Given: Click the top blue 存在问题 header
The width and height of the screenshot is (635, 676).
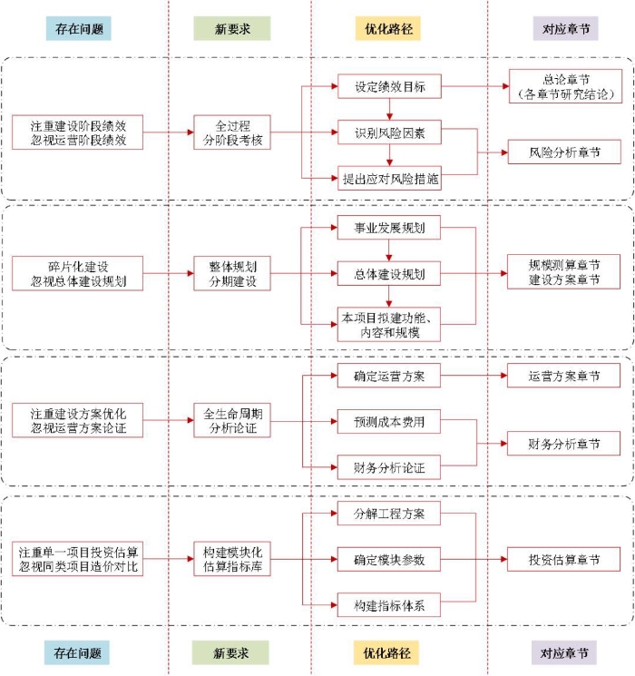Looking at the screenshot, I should [x=78, y=29].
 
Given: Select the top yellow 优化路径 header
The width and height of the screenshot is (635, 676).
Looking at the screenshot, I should [x=387, y=29].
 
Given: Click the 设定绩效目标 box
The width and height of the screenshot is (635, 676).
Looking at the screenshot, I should [x=389, y=88].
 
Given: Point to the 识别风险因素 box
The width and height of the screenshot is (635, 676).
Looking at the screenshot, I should [x=389, y=134].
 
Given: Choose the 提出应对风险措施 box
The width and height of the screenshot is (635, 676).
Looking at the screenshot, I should [x=389, y=179].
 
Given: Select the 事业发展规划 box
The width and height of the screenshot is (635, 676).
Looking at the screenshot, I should [x=389, y=227].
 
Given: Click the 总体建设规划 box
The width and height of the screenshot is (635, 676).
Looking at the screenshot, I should [x=389, y=273].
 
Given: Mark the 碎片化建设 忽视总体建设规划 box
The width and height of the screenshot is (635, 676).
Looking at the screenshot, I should [x=78, y=273].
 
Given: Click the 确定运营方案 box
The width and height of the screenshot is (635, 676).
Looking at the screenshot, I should [x=389, y=375].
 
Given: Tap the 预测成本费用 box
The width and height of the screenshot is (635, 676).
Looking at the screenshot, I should [x=389, y=421].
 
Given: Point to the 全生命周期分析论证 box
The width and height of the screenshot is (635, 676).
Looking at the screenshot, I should [x=232, y=421].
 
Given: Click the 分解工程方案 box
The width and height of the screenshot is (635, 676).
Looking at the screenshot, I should [x=389, y=514].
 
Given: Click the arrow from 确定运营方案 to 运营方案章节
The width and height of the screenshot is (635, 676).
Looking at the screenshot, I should [x=474, y=375].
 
